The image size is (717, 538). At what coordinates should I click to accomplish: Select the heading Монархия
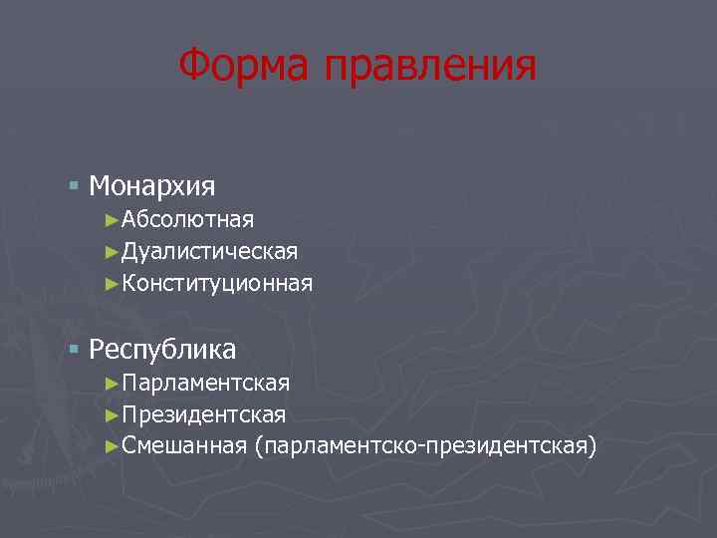point(152,185)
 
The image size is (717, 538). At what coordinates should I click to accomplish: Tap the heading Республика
point(162,349)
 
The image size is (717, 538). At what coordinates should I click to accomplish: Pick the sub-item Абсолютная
point(188,219)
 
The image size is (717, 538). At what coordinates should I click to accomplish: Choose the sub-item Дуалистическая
point(210,251)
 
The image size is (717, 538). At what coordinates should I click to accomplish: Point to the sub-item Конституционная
point(218,284)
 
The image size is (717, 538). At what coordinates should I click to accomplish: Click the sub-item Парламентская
point(206,383)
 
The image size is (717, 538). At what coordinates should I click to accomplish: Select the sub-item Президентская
point(204,414)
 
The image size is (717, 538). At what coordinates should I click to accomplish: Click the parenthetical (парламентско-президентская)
point(426,446)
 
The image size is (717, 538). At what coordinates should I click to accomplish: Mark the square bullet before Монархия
point(75,185)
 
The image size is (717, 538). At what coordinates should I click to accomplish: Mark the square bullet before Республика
point(75,349)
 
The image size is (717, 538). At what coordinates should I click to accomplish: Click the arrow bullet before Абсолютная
point(112,219)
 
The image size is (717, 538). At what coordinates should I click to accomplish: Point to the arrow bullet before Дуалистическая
point(112,251)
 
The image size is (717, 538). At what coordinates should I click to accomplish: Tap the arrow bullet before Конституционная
point(112,284)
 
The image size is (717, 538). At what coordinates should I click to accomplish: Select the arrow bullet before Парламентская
point(112,383)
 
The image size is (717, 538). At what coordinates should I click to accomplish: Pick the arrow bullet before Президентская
point(112,414)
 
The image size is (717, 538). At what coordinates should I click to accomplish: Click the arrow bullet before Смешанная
point(112,445)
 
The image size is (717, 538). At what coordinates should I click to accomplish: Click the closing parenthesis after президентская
point(594,446)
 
